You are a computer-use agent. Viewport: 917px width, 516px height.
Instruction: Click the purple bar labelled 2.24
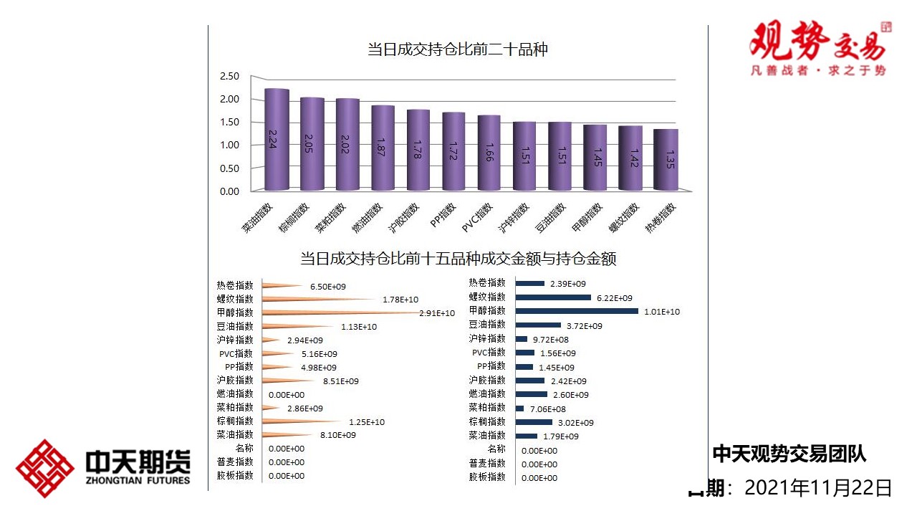(x=277, y=140)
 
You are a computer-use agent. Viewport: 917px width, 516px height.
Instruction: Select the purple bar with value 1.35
(x=666, y=160)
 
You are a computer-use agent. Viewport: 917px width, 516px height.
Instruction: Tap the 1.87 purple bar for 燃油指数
(x=383, y=148)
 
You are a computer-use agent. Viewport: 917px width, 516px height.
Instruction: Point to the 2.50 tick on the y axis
(x=229, y=76)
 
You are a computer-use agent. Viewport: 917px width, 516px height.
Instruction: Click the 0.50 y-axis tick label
(x=229, y=168)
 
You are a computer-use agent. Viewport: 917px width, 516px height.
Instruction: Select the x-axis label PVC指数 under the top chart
(x=478, y=218)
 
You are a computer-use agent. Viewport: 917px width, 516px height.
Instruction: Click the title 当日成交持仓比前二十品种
(x=458, y=49)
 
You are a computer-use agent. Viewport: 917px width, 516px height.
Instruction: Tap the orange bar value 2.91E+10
(x=436, y=313)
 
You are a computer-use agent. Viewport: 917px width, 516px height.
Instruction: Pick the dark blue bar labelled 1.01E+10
(x=577, y=311)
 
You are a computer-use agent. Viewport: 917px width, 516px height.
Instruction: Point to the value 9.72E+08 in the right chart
(x=550, y=339)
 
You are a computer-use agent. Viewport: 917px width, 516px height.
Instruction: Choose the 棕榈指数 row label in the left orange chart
(x=235, y=421)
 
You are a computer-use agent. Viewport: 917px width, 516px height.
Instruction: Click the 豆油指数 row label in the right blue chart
(x=487, y=325)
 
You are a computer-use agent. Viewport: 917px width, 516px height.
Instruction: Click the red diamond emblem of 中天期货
(x=45, y=468)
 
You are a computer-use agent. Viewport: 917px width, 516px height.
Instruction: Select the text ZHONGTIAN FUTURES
(x=138, y=479)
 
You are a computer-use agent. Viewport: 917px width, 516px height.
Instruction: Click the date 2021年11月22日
(x=818, y=488)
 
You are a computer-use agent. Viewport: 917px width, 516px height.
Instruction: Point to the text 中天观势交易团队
(x=789, y=454)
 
